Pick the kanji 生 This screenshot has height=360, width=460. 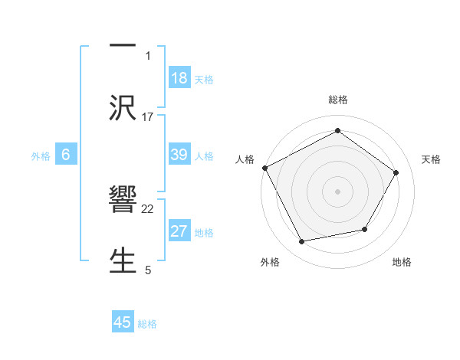[x=123, y=258]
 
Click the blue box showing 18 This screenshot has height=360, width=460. [x=179, y=78]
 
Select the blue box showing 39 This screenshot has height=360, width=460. [x=179, y=155]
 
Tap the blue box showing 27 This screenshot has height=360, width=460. [x=179, y=231]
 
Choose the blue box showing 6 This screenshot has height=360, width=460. [x=66, y=155]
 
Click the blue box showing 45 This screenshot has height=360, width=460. [x=123, y=322]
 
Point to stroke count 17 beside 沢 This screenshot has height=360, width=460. [x=148, y=116]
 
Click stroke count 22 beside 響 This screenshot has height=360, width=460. [x=148, y=208]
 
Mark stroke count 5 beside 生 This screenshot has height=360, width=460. [x=148, y=270]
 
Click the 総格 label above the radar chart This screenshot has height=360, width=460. [x=338, y=100]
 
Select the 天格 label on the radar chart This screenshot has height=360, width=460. [x=432, y=159]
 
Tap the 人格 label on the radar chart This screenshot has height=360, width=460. [x=245, y=159]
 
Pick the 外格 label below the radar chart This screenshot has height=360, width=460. [x=270, y=262]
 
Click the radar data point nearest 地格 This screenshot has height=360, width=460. [x=365, y=229]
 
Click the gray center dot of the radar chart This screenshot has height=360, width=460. [x=338, y=191]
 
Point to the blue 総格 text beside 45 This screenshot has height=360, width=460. [x=147, y=323]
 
